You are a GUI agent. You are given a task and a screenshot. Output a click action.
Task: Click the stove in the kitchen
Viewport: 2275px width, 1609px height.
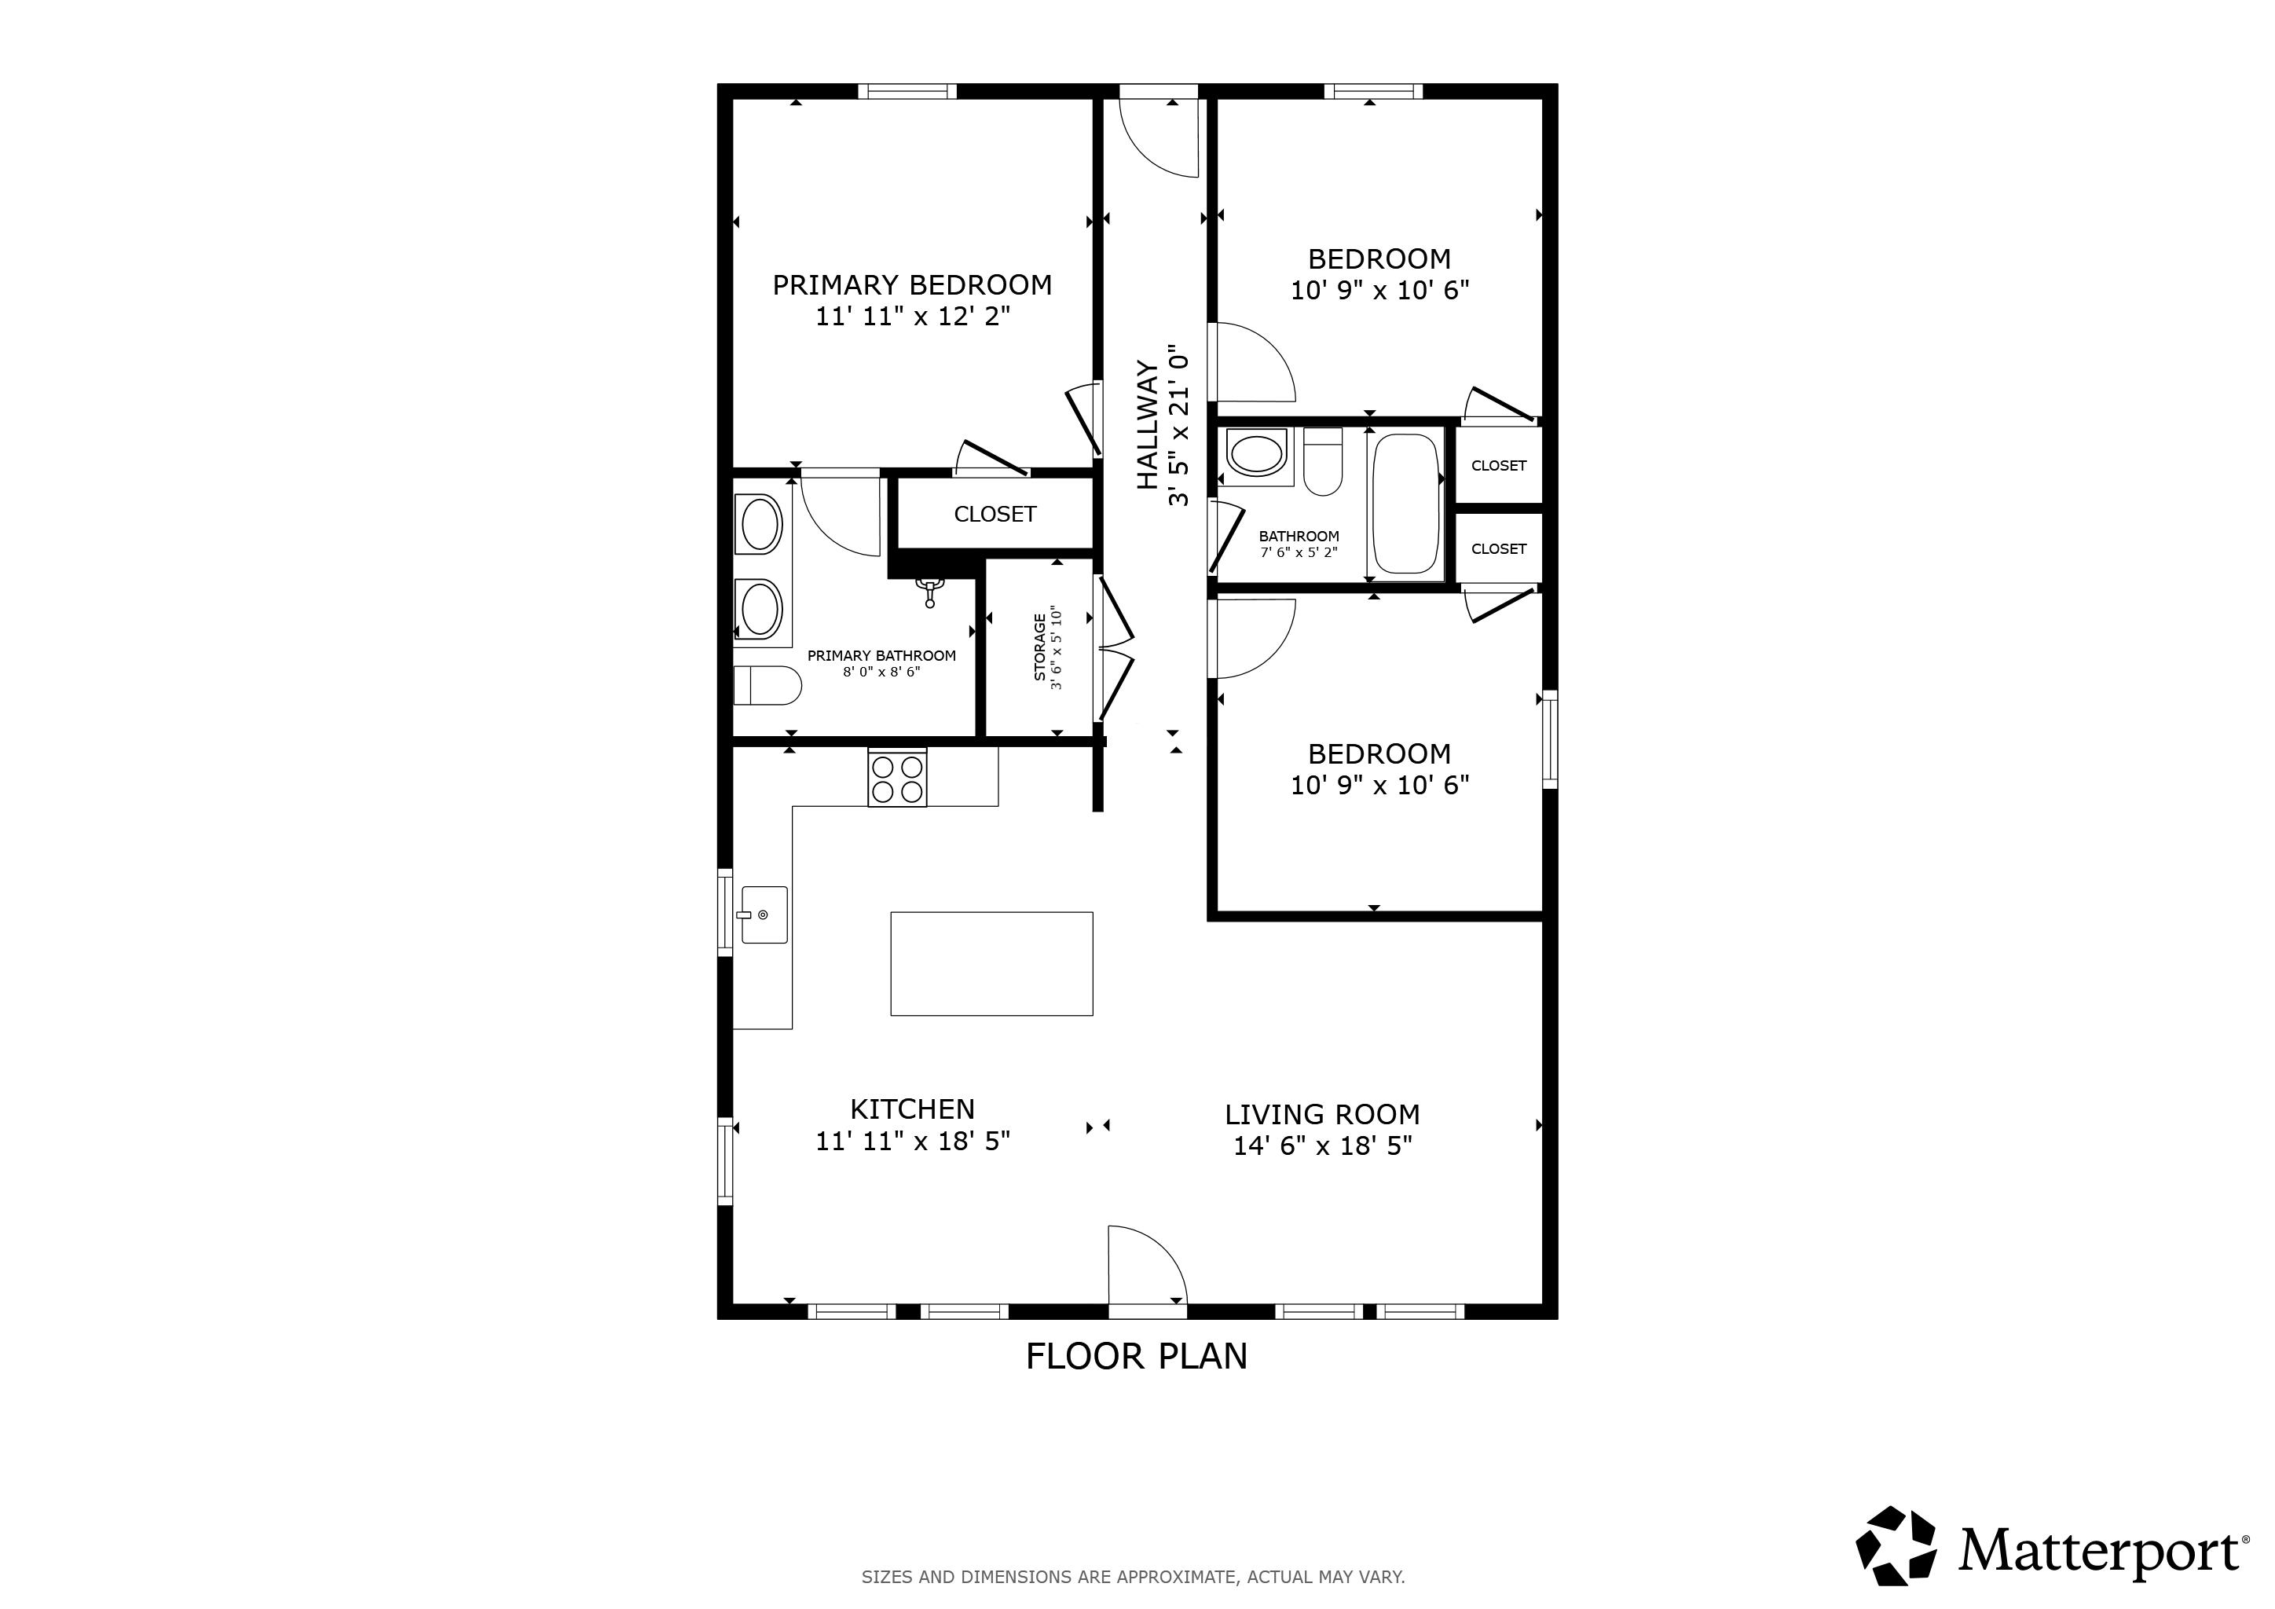point(896,778)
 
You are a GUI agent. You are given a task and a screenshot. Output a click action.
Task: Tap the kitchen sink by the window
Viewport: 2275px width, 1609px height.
point(764,914)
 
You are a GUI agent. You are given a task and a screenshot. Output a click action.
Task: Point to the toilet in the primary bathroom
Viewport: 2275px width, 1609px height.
point(767,684)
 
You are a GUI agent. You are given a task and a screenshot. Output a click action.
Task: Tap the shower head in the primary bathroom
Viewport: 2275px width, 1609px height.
point(929,592)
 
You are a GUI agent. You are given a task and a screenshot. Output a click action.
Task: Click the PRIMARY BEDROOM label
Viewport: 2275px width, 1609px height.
point(911,285)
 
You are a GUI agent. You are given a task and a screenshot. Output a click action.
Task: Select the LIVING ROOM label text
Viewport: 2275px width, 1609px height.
point(1322,1115)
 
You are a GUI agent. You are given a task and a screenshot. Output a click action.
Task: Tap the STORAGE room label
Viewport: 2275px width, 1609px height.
point(1039,647)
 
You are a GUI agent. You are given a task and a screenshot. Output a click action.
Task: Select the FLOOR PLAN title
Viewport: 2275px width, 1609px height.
point(1137,1355)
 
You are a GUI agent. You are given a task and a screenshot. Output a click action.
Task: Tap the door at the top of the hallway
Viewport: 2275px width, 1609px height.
point(1158,137)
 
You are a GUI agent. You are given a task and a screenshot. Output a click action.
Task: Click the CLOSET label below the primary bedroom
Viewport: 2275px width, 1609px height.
point(995,515)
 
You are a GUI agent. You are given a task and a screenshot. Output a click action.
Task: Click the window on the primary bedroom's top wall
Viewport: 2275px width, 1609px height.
point(907,91)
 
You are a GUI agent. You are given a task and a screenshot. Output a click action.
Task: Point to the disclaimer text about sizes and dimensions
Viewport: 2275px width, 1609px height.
point(1133,1576)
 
